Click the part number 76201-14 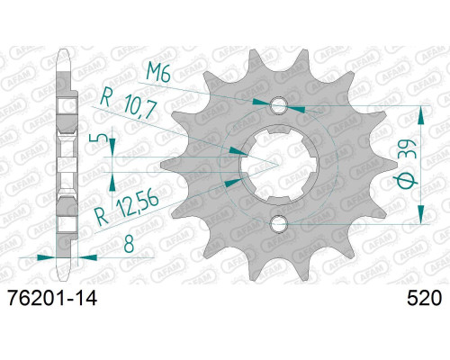click(53, 299)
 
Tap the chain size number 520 click(424, 299)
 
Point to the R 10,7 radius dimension click(129, 103)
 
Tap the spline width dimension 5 click(102, 138)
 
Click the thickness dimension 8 click(129, 246)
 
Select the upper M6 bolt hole click(279, 105)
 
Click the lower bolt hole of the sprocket click(279, 223)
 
